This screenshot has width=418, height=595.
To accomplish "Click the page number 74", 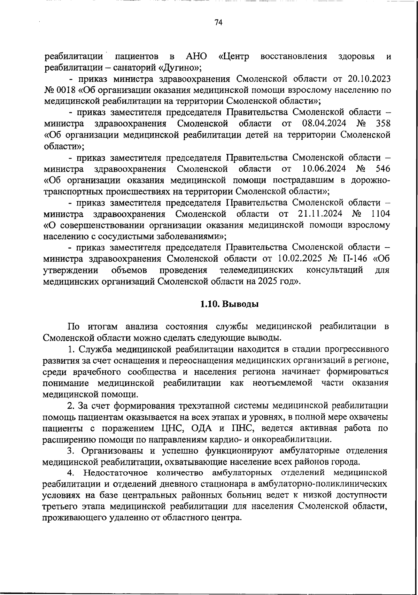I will tap(218, 23).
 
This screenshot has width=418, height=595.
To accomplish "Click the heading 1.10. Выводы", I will tap(230, 304).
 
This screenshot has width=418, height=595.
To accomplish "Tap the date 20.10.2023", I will tap(369, 79).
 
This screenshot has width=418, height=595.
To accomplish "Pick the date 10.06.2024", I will tap(324, 169).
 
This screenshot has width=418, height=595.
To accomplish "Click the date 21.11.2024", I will tap(320, 214).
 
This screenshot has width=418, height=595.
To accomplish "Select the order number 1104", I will tap(380, 214).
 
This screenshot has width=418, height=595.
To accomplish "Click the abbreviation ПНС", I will tap(239, 428).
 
